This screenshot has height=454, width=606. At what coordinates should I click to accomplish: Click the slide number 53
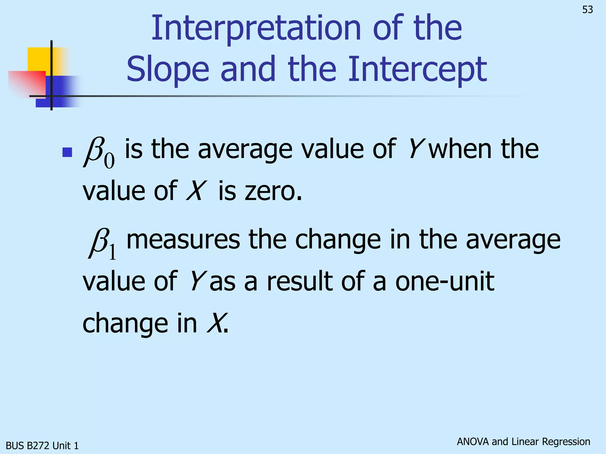click(587, 10)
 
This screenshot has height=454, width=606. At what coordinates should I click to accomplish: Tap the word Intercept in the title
click(417, 70)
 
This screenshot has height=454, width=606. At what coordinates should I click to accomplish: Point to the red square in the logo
click(27, 83)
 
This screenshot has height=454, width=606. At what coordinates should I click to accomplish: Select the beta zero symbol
click(99, 152)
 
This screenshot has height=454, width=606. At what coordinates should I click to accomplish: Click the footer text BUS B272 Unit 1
click(42, 445)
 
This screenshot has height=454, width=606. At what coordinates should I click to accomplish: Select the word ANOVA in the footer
click(473, 442)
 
